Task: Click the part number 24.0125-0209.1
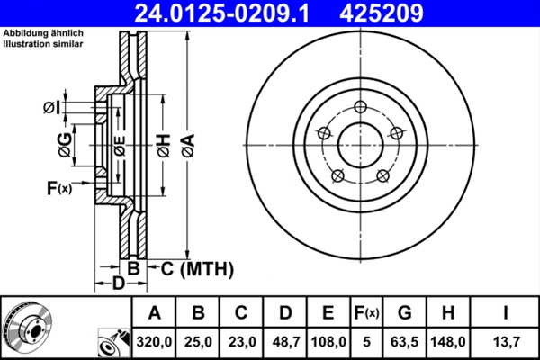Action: click(x=231, y=13)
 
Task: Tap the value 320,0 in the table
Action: click(x=154, y=342)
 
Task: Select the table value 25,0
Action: click(x=199, y=342)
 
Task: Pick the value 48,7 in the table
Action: click(x=285, y=342)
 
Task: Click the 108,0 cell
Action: click(x=328, y=342)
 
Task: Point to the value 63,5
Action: click(x=406, y=342)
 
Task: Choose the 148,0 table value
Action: click(x=454, y=342)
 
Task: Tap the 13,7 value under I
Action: click(x=507, y=342)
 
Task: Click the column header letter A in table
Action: click(x=154, y=313)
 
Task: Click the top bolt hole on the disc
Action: click(x=360, y=108)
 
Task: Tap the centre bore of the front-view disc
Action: click(x=360, y=143)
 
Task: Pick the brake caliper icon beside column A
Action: click(x=112, y=343)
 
